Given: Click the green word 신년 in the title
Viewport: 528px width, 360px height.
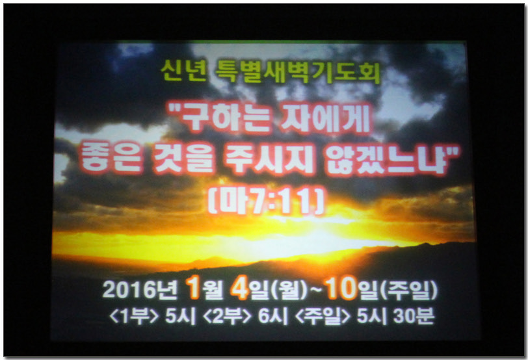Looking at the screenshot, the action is [x=183, y=71].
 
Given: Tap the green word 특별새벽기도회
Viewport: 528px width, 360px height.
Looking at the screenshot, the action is [x=298, y=71].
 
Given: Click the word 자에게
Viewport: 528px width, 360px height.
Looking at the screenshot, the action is [x=326, y=120].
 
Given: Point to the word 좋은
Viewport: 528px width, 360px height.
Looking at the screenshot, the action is [x=111, y=158].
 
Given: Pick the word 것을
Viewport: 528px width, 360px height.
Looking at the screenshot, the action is [x=184, y=158].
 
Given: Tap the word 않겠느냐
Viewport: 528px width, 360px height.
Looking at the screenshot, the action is [x=388, y=158].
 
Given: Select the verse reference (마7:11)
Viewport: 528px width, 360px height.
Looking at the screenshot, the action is [x=267, y=201].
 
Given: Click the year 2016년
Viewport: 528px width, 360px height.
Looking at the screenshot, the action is [x=140, y=290].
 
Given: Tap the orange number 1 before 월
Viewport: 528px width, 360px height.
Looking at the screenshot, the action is [x=194, y=288].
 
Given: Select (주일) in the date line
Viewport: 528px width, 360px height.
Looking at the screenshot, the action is [x=408, y=290].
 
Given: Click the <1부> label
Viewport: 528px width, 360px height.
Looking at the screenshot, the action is [x=134, y=316].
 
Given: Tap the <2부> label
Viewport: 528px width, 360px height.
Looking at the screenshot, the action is [x=228, y=316].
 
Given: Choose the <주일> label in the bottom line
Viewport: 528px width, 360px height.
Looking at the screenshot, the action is [x=323, y=316].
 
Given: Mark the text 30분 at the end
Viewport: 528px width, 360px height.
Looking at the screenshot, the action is [x=414, y=316].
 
